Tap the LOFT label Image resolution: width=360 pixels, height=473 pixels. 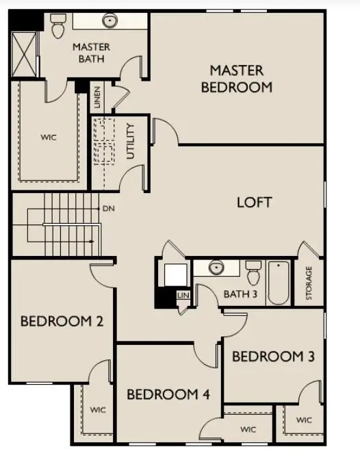coord(254,202)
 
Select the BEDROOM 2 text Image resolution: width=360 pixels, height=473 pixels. coord(62,320)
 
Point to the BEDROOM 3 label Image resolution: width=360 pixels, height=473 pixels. coord(273,356)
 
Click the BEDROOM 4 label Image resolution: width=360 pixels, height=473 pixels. coord(168,394)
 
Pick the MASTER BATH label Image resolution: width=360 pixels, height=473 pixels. coord(91,53)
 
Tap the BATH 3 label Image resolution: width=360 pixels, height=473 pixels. coord(240,295)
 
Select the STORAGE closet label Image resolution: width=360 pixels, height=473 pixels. coord(309,282)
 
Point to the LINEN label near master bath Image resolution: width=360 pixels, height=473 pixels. coord(98,97)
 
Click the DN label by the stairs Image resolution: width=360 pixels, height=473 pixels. coord(108,208)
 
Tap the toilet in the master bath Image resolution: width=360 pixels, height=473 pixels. coord(57,27)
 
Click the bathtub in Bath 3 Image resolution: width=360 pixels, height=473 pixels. coord(278,283)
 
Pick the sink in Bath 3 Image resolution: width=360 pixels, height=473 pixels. coord(216,268)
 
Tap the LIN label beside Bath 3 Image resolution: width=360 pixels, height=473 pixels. coord(183,294)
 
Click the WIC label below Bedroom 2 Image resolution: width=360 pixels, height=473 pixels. coord(98,410)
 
